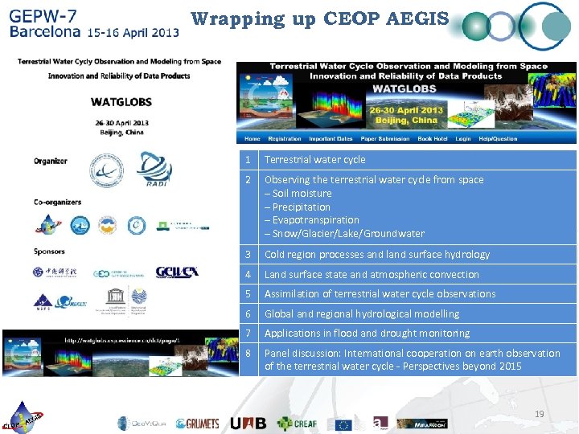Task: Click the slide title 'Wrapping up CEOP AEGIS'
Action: [x=319, y=18]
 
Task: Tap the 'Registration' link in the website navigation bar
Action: [x=285, y=138]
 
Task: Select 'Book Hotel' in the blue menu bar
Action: [x=432, y=138]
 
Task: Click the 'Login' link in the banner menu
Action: [x=462, y=138]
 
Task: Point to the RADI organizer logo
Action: [x=154, y=170]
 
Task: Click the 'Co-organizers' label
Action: [x=57, y=202]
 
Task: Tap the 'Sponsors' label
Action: [x=49, y=251]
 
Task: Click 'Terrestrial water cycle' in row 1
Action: [x=314, y=160]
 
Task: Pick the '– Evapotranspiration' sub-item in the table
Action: [x=312, y=220]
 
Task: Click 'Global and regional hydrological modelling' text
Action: [x=362, y=314]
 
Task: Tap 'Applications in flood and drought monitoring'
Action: [x=367, y=334]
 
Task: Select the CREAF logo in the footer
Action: [x=298, y=423]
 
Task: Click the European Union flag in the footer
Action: [x=343, y=424]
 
